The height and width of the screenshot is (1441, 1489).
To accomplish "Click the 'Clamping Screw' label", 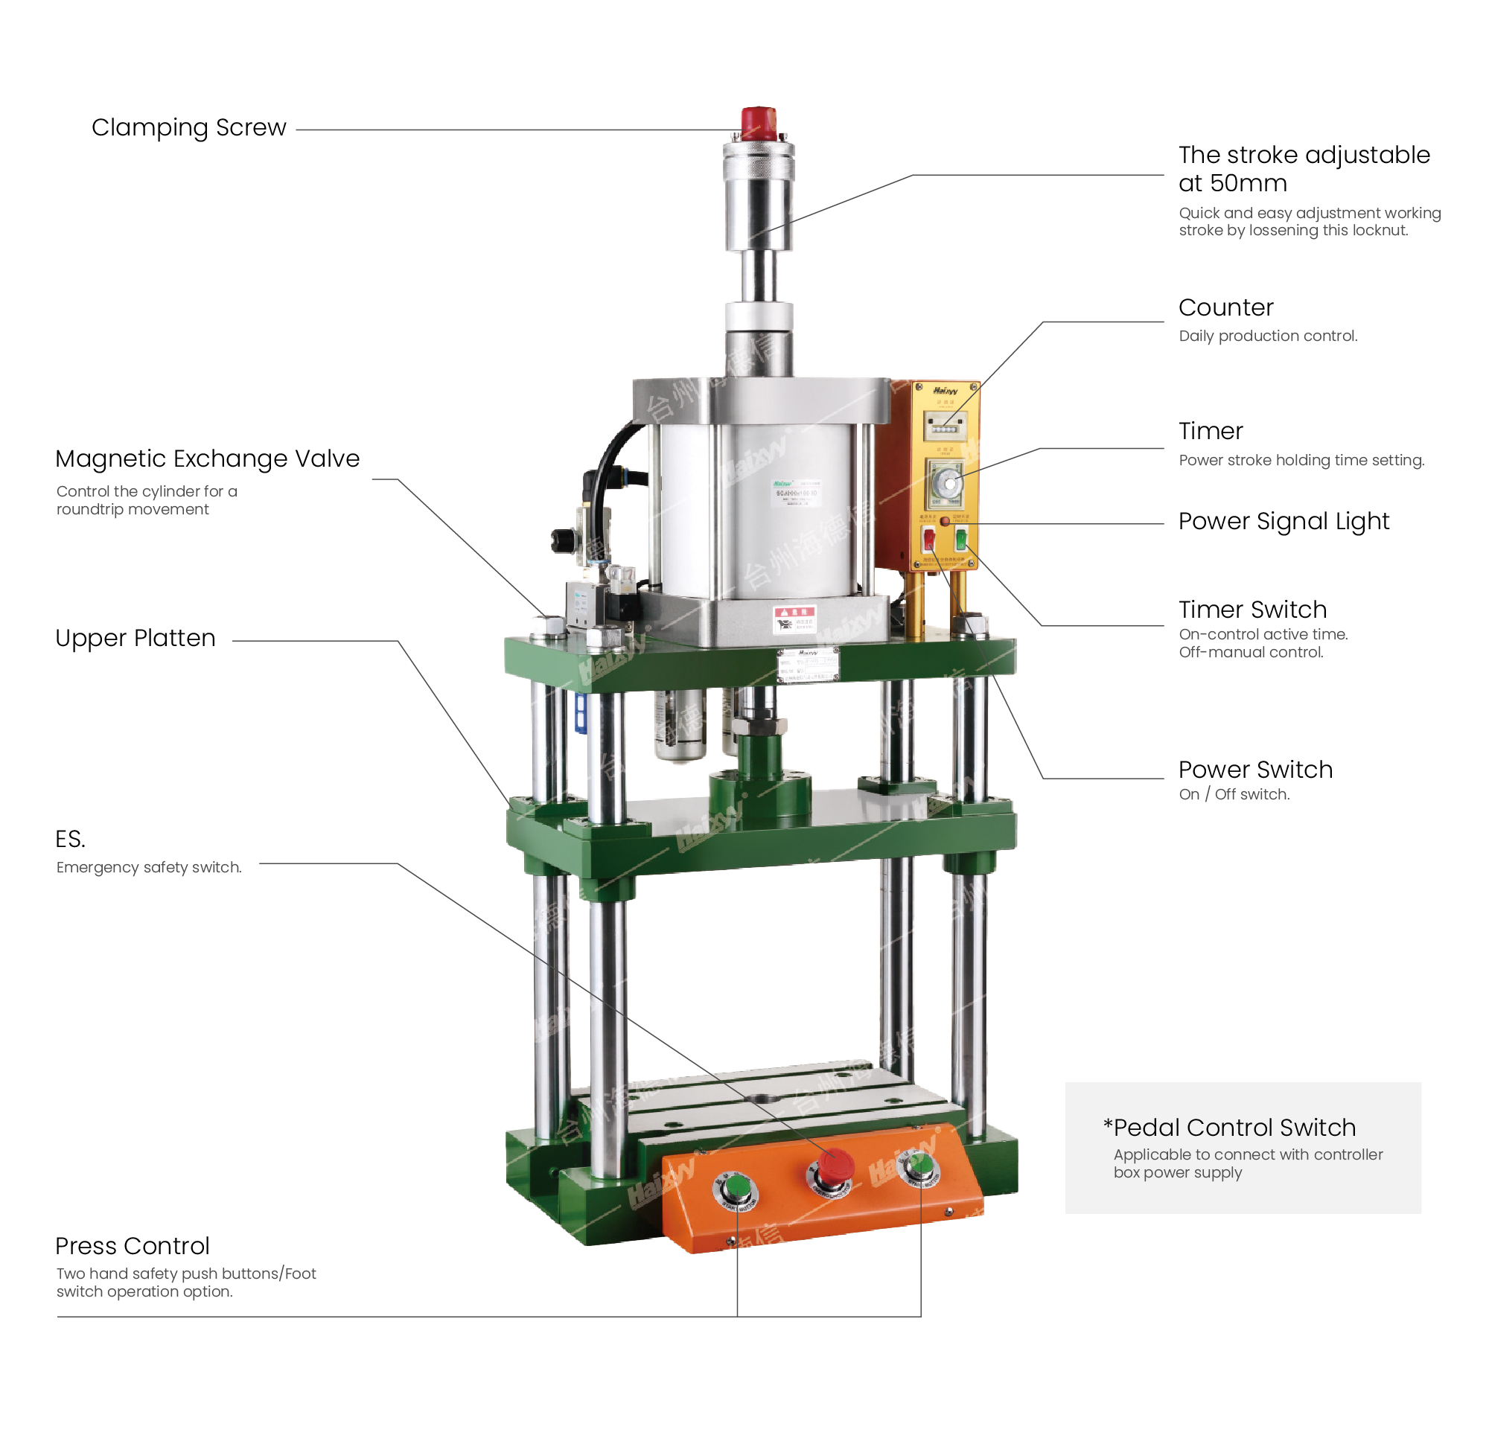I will coord(188,127).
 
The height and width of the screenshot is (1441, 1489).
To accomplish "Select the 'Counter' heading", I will coord(1225,307).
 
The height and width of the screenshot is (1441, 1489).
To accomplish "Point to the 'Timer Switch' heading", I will coord(1252,609).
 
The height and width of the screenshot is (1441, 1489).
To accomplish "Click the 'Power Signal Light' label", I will coord(1283,521).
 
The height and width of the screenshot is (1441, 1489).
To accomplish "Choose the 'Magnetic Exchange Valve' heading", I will coord(208,458).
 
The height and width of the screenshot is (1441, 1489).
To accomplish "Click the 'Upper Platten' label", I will coord(135,638).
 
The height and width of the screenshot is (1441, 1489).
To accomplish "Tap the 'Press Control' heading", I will coord(133,1246).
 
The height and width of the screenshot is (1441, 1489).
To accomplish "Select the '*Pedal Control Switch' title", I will coord(1229,1128).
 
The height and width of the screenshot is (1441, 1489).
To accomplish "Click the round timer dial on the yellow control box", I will coord(947,483).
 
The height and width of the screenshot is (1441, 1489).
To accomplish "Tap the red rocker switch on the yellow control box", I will coord(929,540).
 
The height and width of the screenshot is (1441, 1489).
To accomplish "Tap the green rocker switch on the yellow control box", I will coord(961,540).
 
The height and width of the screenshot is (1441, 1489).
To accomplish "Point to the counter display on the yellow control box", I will coord(944,427).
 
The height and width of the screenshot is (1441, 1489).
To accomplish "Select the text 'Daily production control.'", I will coord(1267,336).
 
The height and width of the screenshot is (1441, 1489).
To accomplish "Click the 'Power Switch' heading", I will coord(1255,770).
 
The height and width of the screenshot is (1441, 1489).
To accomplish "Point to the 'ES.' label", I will coord(70,840).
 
